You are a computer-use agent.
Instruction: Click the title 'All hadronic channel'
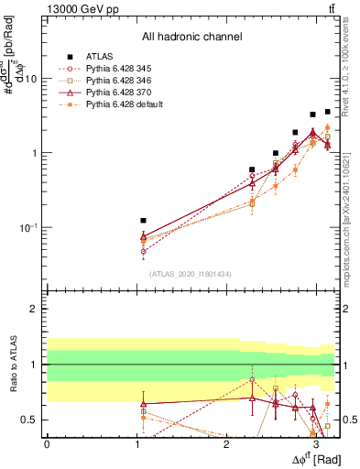[x=191, y=37]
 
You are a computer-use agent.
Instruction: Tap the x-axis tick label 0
[x=46, y=444]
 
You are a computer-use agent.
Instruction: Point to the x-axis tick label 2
[x=225, y=444]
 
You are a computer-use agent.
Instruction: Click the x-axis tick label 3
[x=315, y=444]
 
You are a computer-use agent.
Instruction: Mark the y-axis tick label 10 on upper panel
[x=31, y=79]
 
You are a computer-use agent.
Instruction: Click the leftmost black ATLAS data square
[x=143, y=221]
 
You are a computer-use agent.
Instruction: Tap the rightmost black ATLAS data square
[x=327, y=112]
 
